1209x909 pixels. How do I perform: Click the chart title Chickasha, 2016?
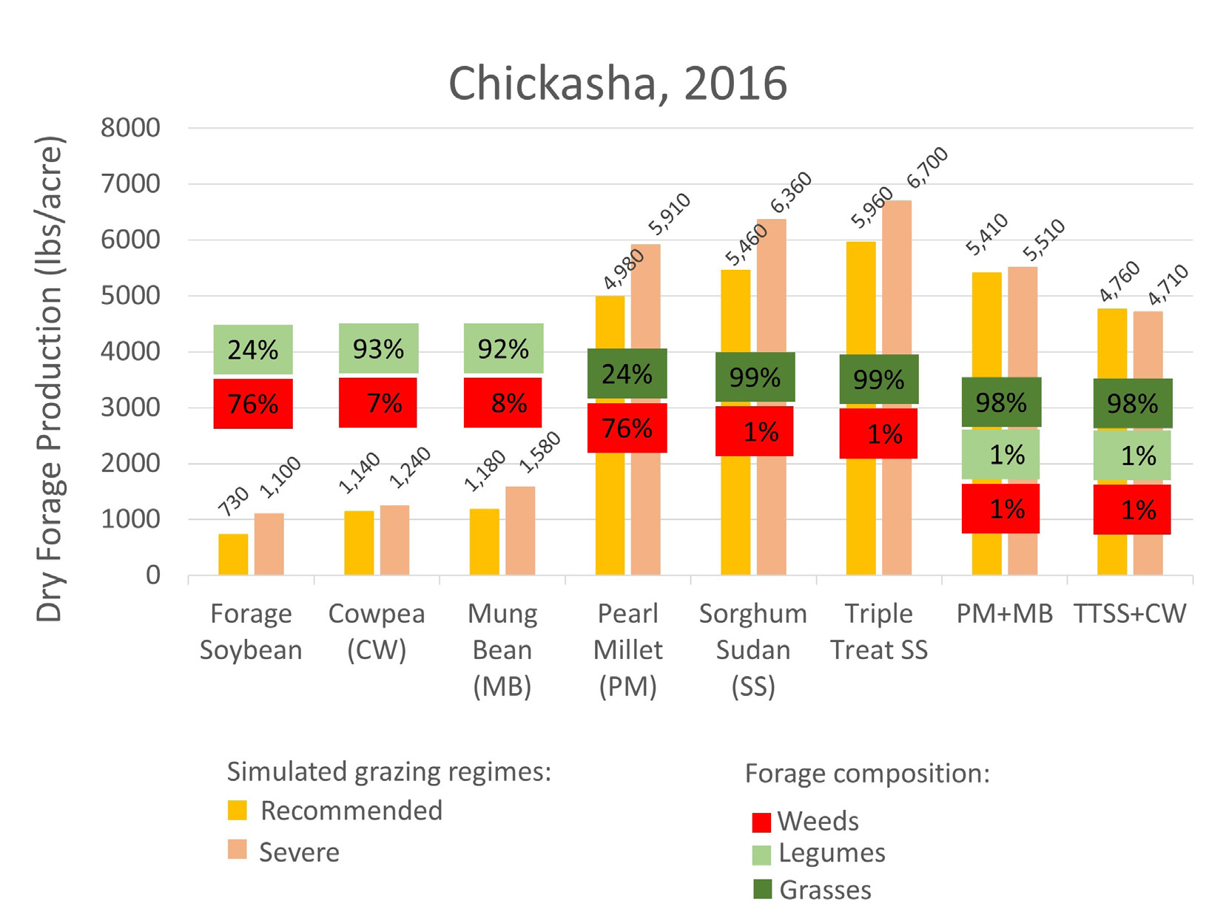(x=617, y=84)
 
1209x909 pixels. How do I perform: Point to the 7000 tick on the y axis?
(x=130, y=183)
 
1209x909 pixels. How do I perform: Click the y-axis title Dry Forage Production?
(x=50, y=379)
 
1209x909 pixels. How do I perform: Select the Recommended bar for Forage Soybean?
(x=233, y=555)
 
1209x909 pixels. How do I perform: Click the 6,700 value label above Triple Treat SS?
(x=927, y=167)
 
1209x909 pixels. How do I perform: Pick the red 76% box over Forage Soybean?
(x=253, y=404)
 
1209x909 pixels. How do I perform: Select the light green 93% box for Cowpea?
(x=378, y=348)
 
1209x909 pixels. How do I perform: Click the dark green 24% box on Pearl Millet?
(x=627, y=374)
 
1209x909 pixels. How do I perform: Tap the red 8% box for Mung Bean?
(x=503, y=403)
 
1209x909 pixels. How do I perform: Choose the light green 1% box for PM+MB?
(x=1000, y=454)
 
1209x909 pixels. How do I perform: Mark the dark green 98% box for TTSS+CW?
(x=1132, y=403)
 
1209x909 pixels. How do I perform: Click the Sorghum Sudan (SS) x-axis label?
(x=752, y=649)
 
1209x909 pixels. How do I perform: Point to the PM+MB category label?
(x=1004, y=613)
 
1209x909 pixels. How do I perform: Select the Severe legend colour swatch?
(x=237, y=849)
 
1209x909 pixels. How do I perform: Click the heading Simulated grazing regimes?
(x=388, y=771)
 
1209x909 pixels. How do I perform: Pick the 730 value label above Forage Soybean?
(x=234, y=501)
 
